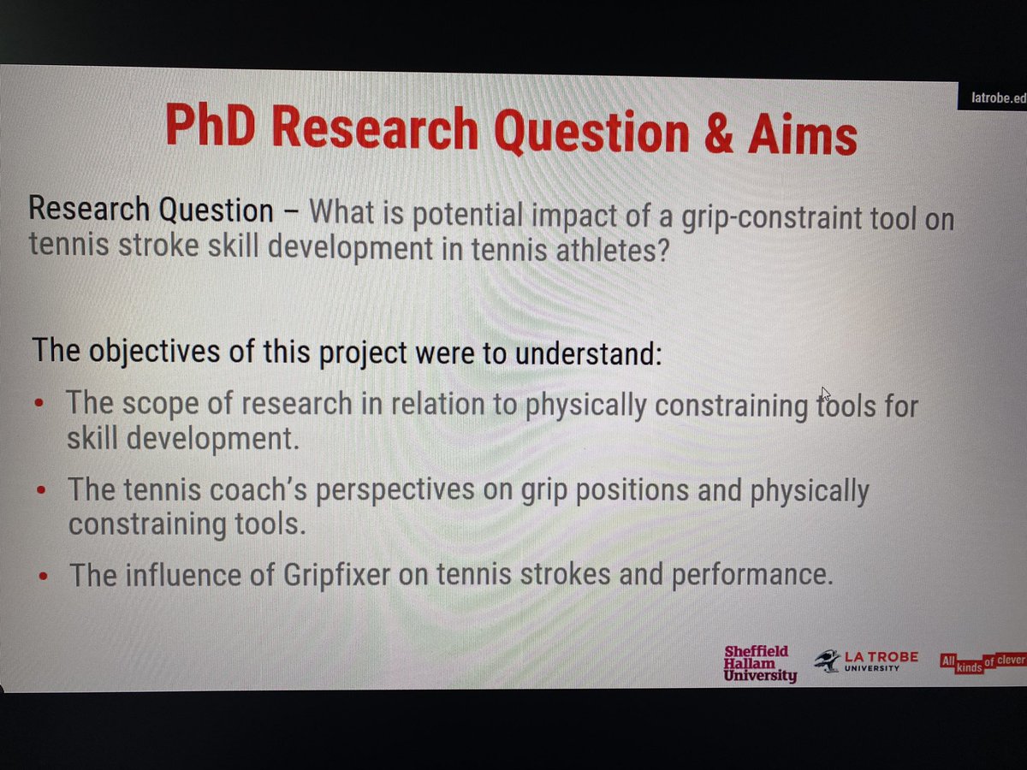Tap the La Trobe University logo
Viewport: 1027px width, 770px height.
click(x=865, y=661)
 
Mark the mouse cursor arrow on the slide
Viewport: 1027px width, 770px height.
click(x=825, y=394)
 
